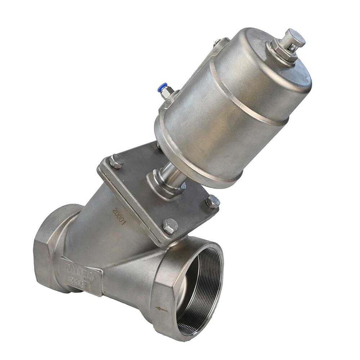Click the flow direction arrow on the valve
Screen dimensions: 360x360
[161, 309]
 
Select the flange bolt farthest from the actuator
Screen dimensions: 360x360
[170, 226]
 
